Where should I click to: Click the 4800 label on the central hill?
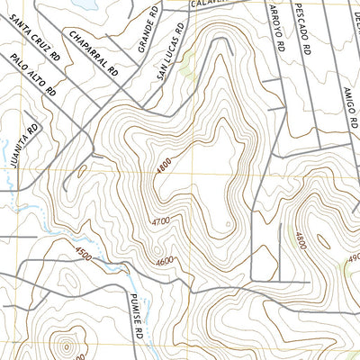[162, 166]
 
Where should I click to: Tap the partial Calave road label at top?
[206, 4]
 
